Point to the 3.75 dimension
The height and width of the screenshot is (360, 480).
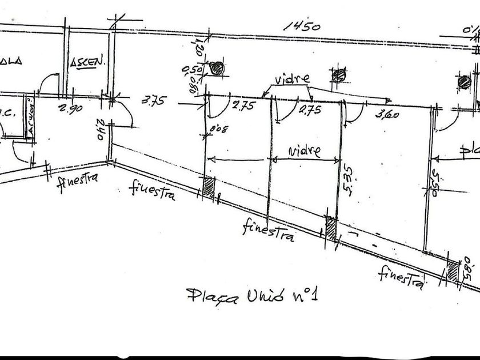tap(153, 101)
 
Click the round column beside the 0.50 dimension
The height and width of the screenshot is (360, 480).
tap(217, 69)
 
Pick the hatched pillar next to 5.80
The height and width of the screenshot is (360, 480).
tap(453, 270)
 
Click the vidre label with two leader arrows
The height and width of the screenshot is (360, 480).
tap(291, 79)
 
